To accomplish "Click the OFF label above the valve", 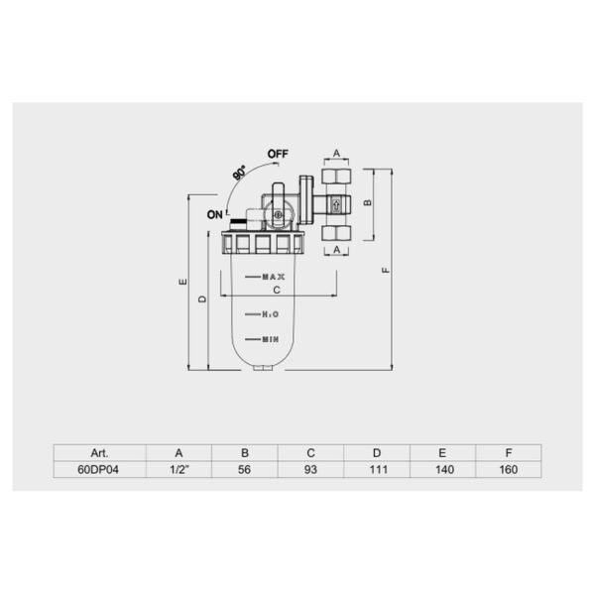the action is pos(278,154).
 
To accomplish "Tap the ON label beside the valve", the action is pos(215,215).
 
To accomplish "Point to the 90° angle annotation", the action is pos(239,173).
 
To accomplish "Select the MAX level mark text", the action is pos(274,277).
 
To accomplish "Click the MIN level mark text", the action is pos(271,339).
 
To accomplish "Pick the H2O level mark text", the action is pos(271,314).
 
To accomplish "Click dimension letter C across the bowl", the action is pos(277,291).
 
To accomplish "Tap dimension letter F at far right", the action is pos(386,270).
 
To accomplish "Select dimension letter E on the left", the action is pos(183,282).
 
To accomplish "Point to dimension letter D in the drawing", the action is pos(203,299).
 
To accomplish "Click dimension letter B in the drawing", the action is pos(367,202).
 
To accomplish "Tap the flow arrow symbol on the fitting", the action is pos(336,205).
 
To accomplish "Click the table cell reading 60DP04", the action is pos(98,469).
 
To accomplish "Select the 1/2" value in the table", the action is pos(179,469).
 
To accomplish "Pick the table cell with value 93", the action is pos(310,469).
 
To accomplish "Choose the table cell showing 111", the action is pos(379,469).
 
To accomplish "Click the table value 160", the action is pos(509,469).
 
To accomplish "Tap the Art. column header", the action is pos(99,453).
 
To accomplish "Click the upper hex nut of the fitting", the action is pos(336,177).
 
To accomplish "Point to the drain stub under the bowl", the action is pos(263,367).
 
